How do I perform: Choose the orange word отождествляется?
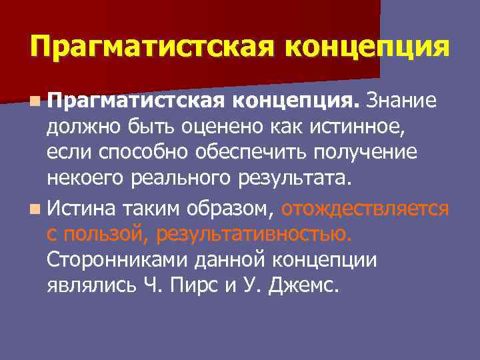pyautogui.click(x=365, y=209)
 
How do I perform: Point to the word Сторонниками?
pyautogui.click(x=115, y=260)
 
